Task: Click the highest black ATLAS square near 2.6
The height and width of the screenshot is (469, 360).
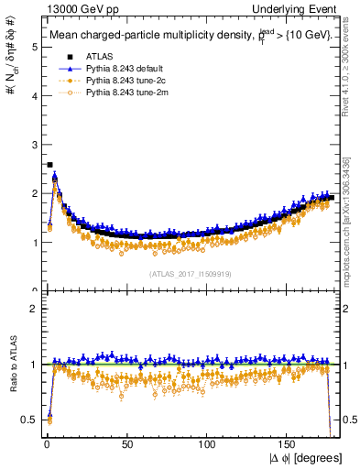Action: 49,165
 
